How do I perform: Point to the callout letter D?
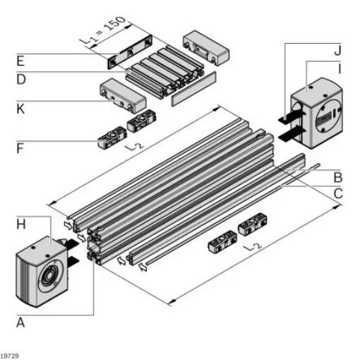click(21, 78)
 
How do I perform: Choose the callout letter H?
click(21, 224)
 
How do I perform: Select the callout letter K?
click(21, 109)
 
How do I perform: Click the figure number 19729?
click(10, 354)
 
